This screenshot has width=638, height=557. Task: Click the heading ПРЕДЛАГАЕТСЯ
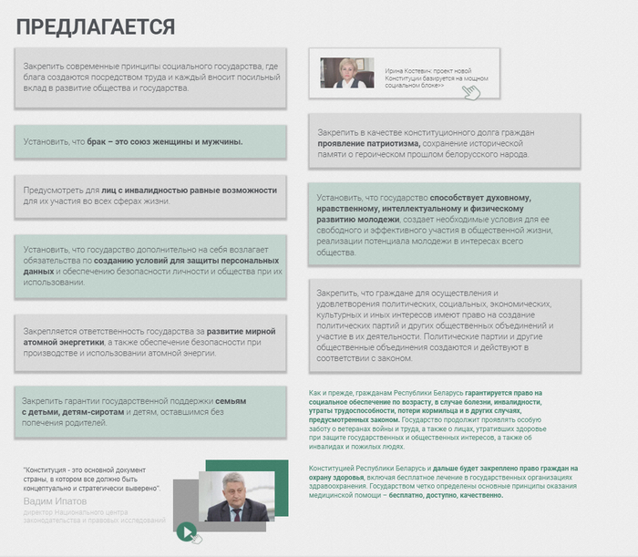tap(95, 27)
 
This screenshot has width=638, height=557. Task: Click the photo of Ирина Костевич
tap(347, 73)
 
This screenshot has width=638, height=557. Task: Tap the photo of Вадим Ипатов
tap(236, 496)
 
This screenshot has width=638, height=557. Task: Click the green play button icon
tap(186, 531)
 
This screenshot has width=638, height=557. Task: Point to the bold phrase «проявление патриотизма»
tap(368, 144)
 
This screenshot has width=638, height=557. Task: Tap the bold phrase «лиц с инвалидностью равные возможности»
tap(182, 191)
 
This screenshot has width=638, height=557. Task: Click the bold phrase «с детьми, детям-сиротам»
tap(78, 412)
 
